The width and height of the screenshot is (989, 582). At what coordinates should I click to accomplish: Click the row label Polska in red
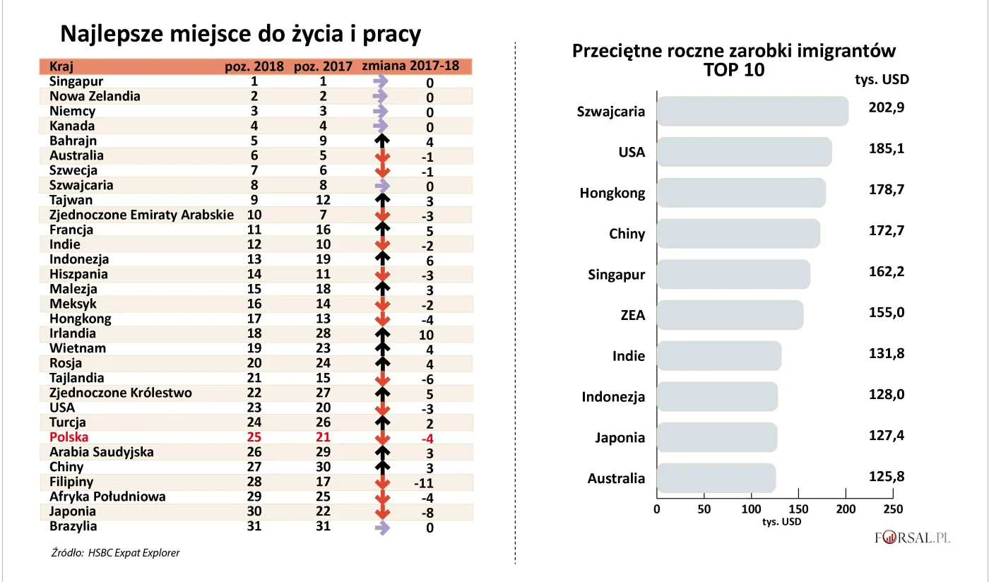pyautogui.click(x=69, y=437)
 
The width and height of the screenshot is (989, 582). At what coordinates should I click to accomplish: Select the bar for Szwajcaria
pyautogui.click(x=752, y=112)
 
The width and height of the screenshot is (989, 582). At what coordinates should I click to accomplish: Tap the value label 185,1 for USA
pyautogui.click(x=886, y=149)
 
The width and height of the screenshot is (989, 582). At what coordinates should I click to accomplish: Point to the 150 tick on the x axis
pyautogui.click(x=799, y=509)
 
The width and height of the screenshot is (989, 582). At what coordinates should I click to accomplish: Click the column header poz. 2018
pyautogui.click(x=254, y=67)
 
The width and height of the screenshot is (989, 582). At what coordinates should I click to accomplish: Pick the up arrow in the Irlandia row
pyautogui.click(x=382, y=334)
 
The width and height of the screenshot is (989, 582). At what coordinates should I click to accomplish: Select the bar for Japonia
pyautogui.click(x=717, y=437)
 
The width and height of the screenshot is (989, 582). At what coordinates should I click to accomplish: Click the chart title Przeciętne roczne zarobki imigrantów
pyautogui.click(x=734, y=52)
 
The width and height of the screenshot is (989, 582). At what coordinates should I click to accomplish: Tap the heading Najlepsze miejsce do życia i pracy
pyautogui.click(x=240, y=34)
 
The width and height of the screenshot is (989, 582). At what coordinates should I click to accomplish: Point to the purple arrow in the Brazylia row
pyautogui.click(x=381, y=527)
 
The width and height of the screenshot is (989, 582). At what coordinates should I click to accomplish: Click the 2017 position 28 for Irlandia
pyautogui.click(x=323, y=333)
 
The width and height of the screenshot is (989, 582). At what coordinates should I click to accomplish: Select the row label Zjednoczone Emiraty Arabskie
pyautogui.click(x=141, y=215)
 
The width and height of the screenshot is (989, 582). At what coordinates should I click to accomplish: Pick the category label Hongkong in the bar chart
pyautogui.click(x=612, y=193)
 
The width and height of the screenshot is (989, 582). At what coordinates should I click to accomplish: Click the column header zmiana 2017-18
pyautogui.click(x=410, y=66)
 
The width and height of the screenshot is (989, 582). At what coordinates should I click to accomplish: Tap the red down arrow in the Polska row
pyautogui.click(x=382, y=438)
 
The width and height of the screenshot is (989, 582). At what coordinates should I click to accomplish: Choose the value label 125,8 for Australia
pyautogui.click(x=886, y=477)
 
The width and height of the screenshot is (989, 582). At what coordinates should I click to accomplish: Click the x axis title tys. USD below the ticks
pyautogui.click(x=781, y=522)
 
